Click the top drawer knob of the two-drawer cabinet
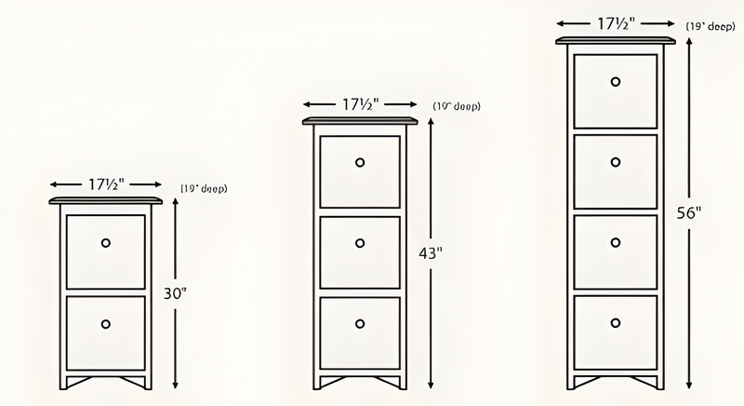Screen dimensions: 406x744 tap(106, 242)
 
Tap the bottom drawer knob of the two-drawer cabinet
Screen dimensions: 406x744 tap(106, 324)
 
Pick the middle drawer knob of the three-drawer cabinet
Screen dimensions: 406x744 tap(360, 243)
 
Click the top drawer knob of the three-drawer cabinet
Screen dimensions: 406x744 tap(360, 162)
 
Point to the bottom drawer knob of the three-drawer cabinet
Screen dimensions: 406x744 tap(360, 324)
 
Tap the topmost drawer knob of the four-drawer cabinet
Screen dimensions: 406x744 tap(616, 82)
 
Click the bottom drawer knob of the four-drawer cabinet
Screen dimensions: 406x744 tap(616, 323)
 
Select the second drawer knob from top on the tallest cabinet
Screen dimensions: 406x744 tap(616, 162)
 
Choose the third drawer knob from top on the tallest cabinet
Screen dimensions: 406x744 tap(616, 243)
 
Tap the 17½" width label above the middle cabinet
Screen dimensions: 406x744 tap(360, 103)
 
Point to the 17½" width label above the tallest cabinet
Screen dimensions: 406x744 tap(615, 22)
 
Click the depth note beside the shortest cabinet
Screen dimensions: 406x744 tap(204, 189)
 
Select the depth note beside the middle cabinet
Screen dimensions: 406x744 tap(457, 107)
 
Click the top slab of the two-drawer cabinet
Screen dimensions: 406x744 tap(106, 200)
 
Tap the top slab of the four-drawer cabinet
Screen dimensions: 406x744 tap(615, 40)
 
